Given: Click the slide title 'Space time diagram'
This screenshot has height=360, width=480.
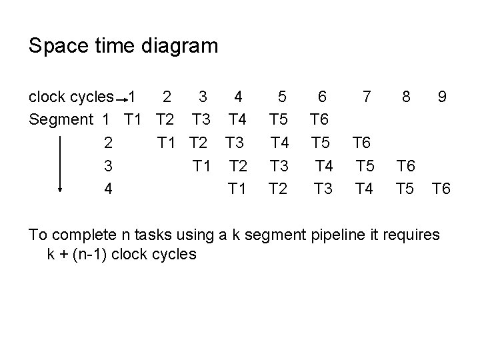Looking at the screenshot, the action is pos(123,46).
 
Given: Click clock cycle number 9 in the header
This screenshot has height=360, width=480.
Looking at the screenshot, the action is pos(442,97).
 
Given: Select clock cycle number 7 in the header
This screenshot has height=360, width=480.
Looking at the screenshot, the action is pos(366,97).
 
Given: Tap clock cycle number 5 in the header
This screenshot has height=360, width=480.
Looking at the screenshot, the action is pos(282,97).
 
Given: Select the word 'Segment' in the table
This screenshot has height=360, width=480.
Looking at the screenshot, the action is pos(61,120).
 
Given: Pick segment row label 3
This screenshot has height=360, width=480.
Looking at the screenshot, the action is pos(107,165).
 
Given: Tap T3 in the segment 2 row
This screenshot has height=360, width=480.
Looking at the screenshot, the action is pos(234,143).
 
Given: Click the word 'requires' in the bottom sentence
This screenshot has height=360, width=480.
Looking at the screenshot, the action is pos(411,235).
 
